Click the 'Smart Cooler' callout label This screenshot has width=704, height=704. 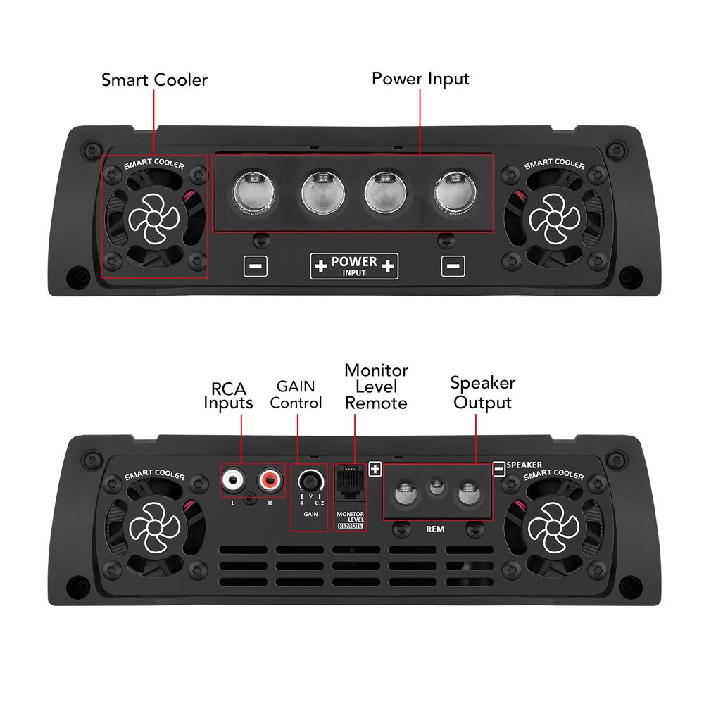pyautogui.click(x=154, y=80)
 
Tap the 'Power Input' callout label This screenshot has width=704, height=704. pyautogui.click(x=420, y=78)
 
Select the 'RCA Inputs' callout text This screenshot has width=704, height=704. pyautogui.click(x=228, y=396)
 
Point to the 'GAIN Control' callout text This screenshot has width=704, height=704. pyautogui.click(x=296, y=394)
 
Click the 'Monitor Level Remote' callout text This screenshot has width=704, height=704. pyautogui.click(x=376, y=386)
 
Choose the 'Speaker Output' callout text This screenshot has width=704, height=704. pyautogui.click(x=482, y=393)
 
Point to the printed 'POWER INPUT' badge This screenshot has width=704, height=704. pyautogui.click(x=354, y=266)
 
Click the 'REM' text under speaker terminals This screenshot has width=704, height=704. pyautogui.click(x=435, y=528)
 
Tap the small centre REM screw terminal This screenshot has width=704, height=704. pyautogui.click(x=436, y=486)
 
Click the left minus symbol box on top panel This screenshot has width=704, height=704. pyautogui.click(x=255, y=266)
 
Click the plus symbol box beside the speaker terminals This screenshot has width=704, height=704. pyautogui.click(x=375, y=467)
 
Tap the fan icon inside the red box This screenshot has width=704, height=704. pyautogui.click(x=155, y=217)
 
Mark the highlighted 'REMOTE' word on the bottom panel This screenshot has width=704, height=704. pyautogui.click(x=351, y=526)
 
